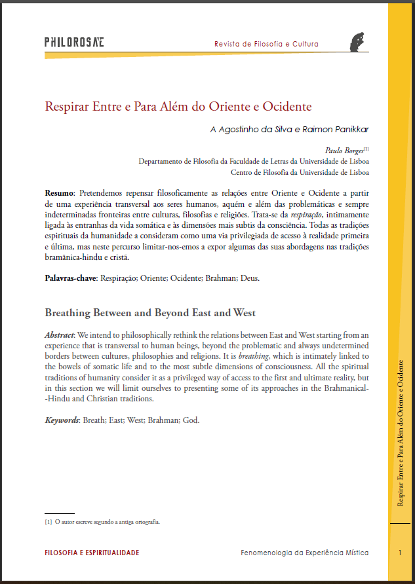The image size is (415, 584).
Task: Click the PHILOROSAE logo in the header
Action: pyautogui.click(x=74, y=43)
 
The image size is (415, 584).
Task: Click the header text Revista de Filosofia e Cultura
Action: pyautogui.click(x=266, y=45)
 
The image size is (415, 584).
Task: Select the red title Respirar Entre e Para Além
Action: pyautogui.click(x=178, y=106)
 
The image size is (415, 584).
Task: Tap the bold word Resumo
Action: pyautogui.click(x=59, y=194)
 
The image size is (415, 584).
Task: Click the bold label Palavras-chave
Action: pyautogui.click(x=70, y=278)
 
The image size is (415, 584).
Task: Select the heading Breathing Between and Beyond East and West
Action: pyautogui.click(x=149, y=312)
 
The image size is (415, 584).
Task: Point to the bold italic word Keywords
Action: pyautogui.click(x=61, y=420)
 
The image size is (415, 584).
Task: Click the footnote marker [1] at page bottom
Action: pyautogui.click(x=48, y=522)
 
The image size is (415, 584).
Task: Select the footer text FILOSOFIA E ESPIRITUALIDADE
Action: pyautogui.click(x=92, y=553)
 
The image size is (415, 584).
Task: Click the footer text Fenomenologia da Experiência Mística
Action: pyautogui.click(x=304, y=553)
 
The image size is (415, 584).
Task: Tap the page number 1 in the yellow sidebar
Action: pyautogui.click(x=399, y=553)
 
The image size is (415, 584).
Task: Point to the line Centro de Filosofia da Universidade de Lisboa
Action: pyautogui.click(x=300, y=173)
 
